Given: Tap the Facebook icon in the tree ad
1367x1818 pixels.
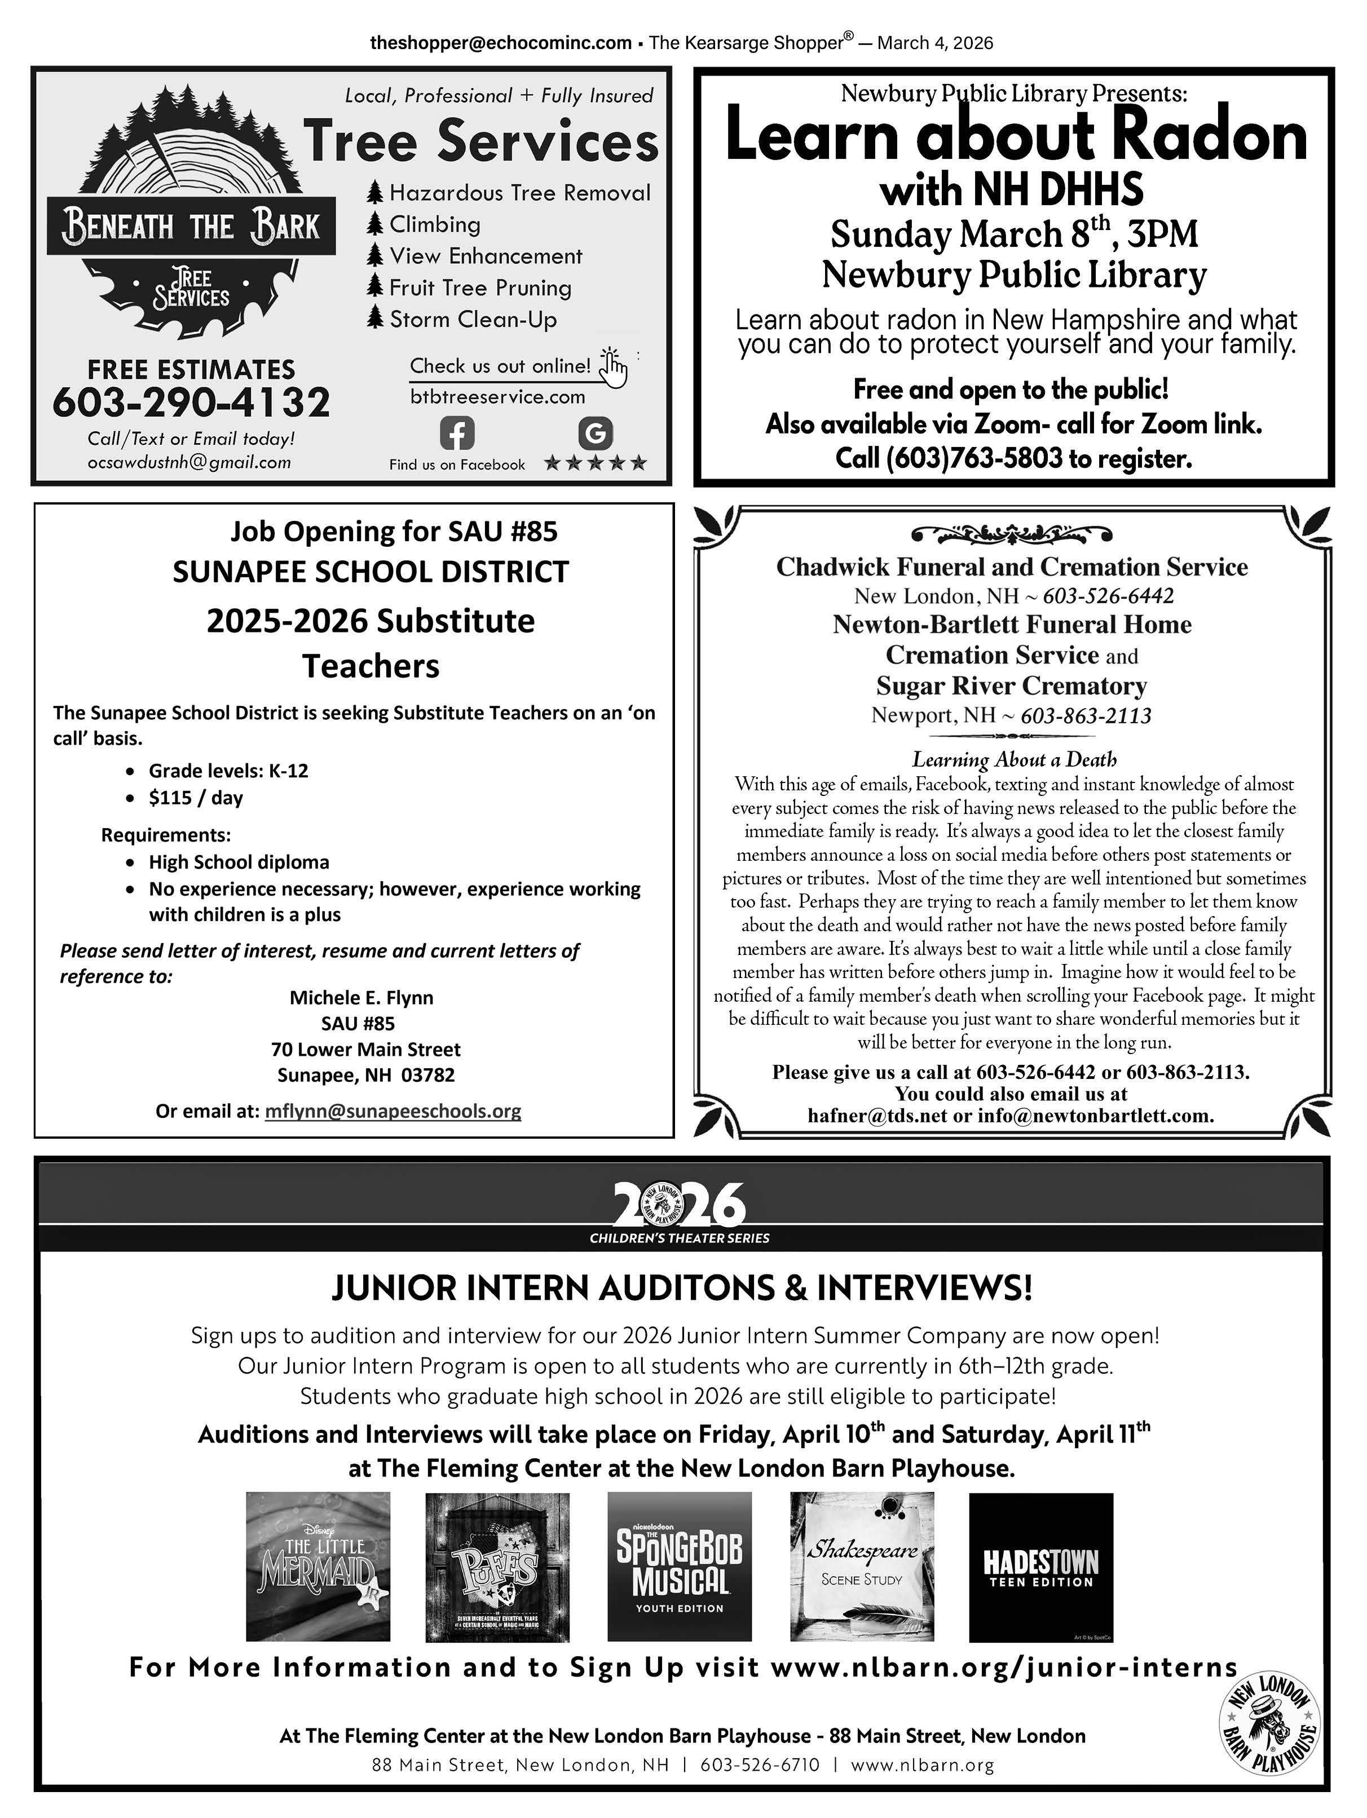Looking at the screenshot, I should [x=457, y=433].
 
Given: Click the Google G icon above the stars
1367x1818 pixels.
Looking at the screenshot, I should [x=595, y=433].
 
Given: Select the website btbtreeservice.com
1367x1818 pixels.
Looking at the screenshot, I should [x=497, y=397].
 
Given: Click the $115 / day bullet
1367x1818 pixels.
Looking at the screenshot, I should [x=196, y=797].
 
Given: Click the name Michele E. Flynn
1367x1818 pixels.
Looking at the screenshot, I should [x=361, y=997].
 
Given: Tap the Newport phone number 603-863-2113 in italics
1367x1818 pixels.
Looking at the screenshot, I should [x=1085, y=716].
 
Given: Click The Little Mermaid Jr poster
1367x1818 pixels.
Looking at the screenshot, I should [x=318, y=1567].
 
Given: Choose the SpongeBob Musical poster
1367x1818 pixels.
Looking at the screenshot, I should [x=679, y=1567].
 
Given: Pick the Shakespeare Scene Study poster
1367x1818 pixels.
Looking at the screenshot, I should [x=862, y=1567].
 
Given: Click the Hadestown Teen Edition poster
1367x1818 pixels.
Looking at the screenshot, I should [x=1040, y=1567].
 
